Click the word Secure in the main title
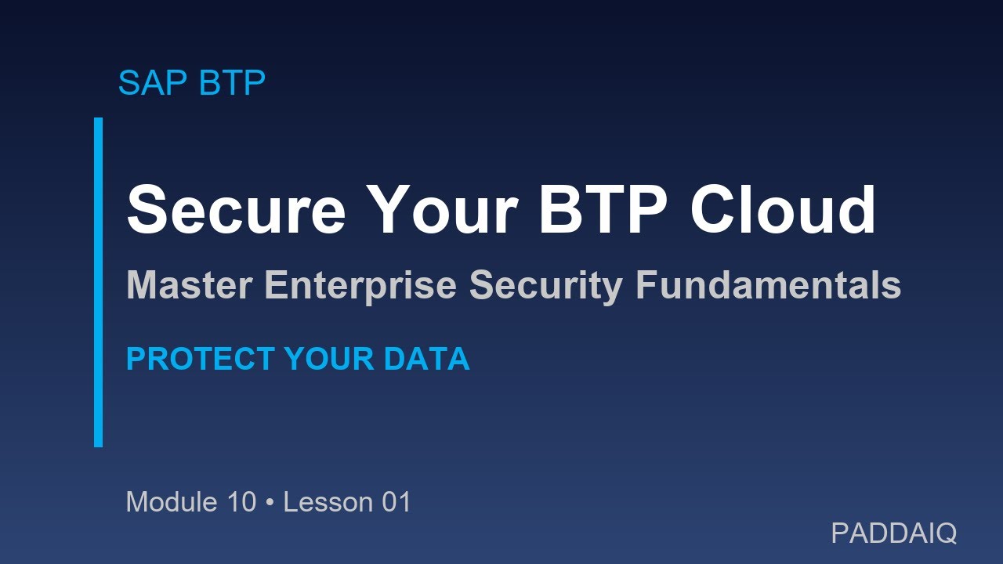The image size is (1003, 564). [x=236, y=210]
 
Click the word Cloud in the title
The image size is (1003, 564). [x=783, y=210]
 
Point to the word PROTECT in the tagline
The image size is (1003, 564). [x=200, y=359]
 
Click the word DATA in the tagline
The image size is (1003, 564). [x=427, y=359]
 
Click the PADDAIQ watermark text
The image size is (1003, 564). [x=893, y=533]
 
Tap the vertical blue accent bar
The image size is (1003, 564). [x=98, y=282]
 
